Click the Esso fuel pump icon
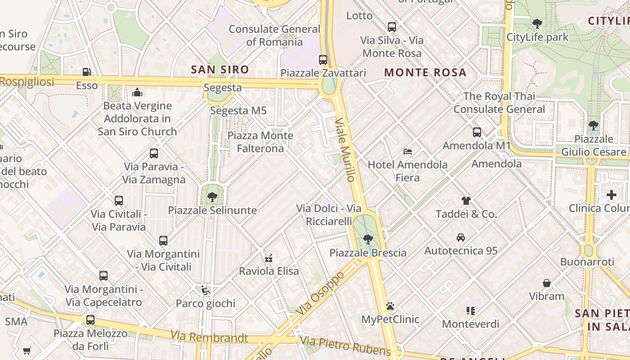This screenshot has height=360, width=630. coord(86,72)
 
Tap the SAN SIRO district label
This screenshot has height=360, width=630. coord(220,69)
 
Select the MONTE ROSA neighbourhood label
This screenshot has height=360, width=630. coord(425,72)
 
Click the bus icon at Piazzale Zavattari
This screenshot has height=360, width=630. coord(323,59)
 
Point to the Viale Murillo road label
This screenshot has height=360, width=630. coord(346,149)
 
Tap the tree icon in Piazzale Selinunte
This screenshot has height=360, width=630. coord(212,197)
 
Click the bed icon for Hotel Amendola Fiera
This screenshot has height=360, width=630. coord(408,151)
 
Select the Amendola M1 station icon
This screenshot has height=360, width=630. coord(477,132)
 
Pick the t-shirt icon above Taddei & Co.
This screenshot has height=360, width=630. coord(466,201)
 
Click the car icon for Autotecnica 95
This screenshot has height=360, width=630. coord(461,237)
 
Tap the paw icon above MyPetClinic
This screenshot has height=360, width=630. coord(390,306)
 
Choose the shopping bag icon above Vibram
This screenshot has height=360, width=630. coord(547,283)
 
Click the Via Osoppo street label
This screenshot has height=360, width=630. coord(321,293)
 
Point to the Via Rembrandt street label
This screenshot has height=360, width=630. coord(209,337)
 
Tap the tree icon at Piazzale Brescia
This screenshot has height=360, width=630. coord(368,239)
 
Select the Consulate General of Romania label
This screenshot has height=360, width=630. coord(274,36)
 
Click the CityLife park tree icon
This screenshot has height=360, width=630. coord(537,24)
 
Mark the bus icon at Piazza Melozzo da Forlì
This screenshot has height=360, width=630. coord(90,320)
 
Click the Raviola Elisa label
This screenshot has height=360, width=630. coord(269,271)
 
